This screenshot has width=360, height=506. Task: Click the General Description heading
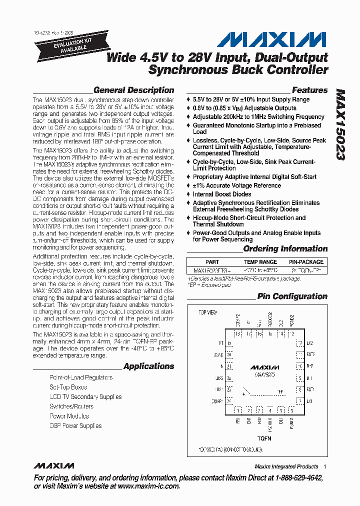pyautogui.click(x=133, y=90)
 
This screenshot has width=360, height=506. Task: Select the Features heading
pyautogui.click(x=309, y=90)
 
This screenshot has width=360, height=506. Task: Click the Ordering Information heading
pyautogui.click(x=285, y=249)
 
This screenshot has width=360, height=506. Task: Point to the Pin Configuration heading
pyautogui.click(x=292, y=296)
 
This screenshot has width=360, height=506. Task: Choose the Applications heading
pyautogui.click(x=148, y=366)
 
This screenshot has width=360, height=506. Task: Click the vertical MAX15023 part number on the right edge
pyautogui.click(x=340, y=125)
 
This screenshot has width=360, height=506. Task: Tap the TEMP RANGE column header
pyautogui.click(x=260, y=262)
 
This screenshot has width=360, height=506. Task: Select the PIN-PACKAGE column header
pyautogui.click(x=306, y=262)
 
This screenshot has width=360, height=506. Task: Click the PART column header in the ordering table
pyautogui.click(x=212, y=262)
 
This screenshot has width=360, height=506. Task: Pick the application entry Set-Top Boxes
pyautogui.click(x=68, y=387)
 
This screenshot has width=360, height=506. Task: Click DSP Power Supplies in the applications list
pyautogui.click(x=75, y=426)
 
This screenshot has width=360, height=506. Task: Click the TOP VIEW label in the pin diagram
pyautogui.click(x=208, y=312)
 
